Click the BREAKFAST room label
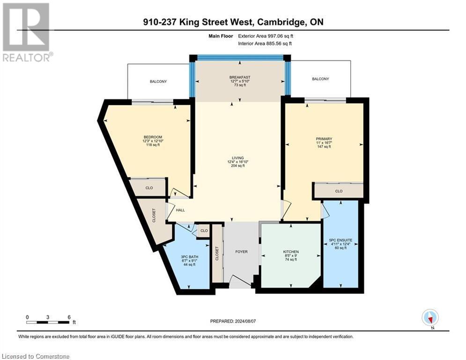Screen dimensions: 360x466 tap(240, 77)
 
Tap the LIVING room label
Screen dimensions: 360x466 tap(240, 158)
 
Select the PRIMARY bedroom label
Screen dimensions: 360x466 tap(324, 139)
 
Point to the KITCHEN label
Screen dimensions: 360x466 tap(290, 252)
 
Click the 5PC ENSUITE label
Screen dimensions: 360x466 tap(340, 240)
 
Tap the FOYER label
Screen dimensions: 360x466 tap(241, 252)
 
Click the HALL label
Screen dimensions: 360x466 tap(180, 210)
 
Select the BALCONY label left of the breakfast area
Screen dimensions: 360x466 tap(158, 82)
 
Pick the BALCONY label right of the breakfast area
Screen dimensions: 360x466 tap(320, 79)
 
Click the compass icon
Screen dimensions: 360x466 tap(429, 317)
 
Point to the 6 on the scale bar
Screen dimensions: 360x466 tap(69, 317)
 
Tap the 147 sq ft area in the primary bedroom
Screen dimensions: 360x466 tap(324, 147)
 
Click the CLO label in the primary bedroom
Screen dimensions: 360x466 tap(339, 191)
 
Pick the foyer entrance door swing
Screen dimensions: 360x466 tap(240, 282)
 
